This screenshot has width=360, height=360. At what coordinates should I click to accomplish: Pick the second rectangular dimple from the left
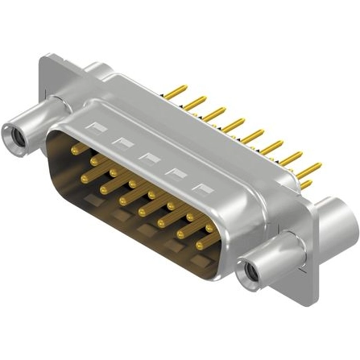click(x=122, y=142)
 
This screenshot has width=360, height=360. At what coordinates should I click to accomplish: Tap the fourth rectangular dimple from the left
click(x=175, y=173)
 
